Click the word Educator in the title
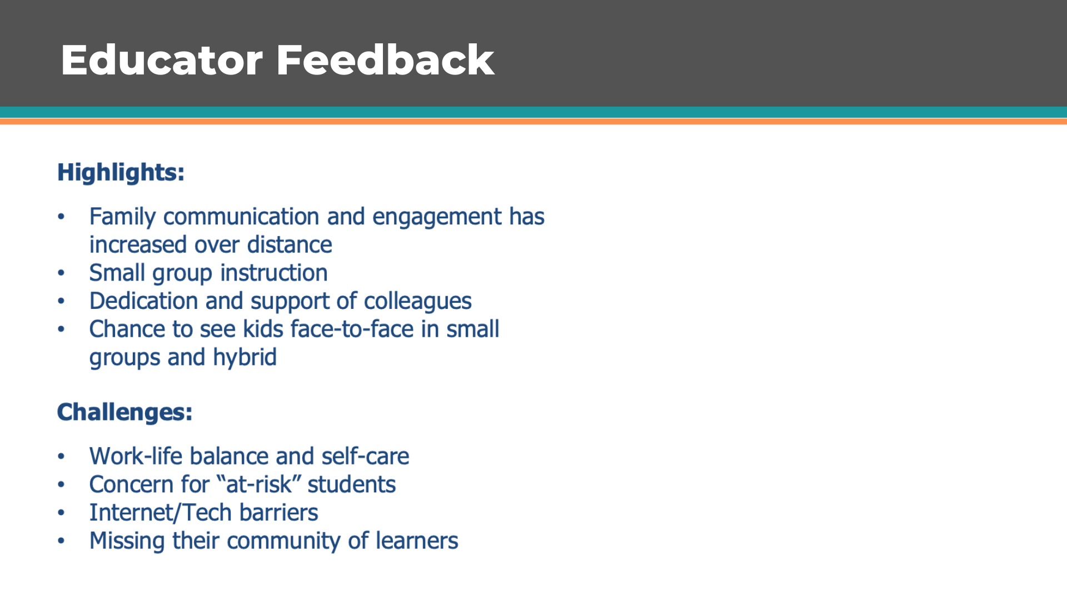click(162, 60)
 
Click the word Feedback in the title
click(385, 60)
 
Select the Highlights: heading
click(121, 173)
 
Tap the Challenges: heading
click(124, 412)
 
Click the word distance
click(290, 245)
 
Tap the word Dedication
click(144, 301)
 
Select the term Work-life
click(136, 456)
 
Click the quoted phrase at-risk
click(258, 484)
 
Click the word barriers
click(278, 513)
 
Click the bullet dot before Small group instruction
click(61, 273)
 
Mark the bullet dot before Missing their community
click(61, 541)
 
